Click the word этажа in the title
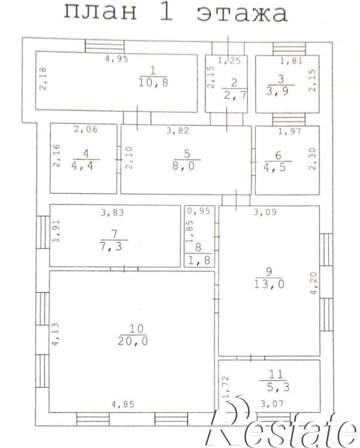point(242,14)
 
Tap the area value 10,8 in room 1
point(153,83)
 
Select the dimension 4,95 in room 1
point(117,59)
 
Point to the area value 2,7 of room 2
point(235,95)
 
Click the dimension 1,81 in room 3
point(291,61)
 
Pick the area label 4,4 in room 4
point(82,166)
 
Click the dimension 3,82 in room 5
point(178,130)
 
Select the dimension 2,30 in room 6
point(313,159)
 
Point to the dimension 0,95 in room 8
point(199,211)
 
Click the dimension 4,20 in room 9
point(313,283)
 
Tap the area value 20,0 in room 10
point(132,341)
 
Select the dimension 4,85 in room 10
point(122,404)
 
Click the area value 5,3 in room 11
point(278,387)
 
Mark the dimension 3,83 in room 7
point(113,213)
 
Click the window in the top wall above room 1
point(105,46)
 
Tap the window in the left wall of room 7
point(43,232)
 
